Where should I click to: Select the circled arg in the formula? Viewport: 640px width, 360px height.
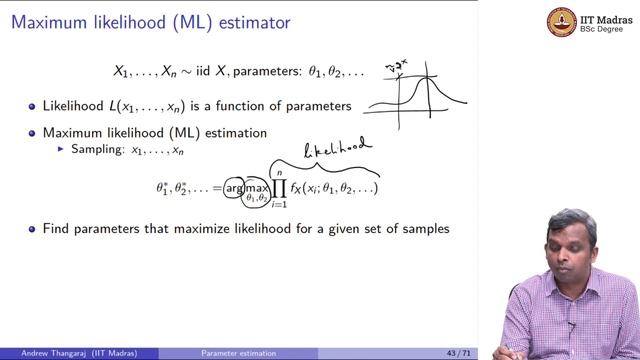234,187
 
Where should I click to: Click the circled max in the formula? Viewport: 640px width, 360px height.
258,187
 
